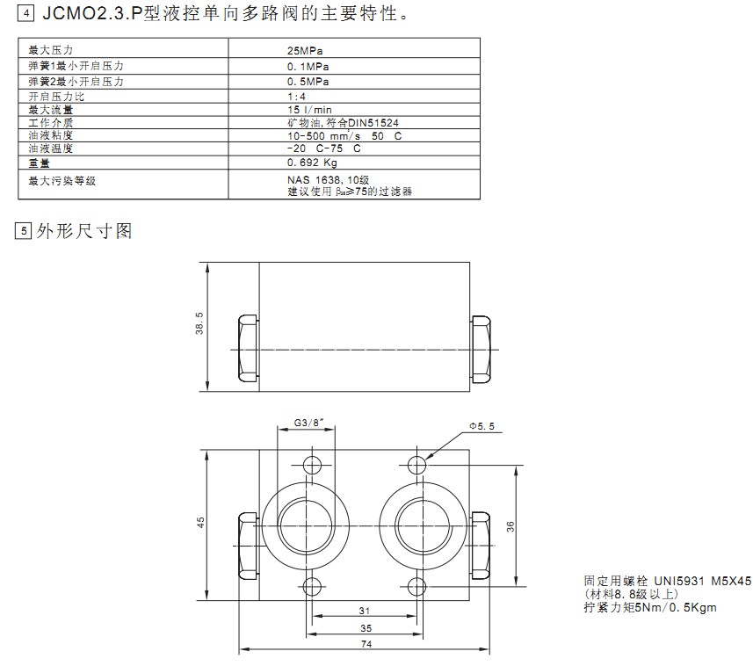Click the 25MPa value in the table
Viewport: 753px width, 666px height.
(306, 52)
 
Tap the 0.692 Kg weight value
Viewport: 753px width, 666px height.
(313, 163)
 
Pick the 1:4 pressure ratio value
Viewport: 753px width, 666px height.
(297, 96)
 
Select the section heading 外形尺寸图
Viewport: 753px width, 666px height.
(83, 232)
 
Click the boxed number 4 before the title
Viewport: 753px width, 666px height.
(25, 15)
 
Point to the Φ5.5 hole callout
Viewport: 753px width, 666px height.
(483, 425)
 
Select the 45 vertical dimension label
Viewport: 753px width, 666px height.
(200, 521)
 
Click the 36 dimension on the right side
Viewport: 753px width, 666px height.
(510, 525)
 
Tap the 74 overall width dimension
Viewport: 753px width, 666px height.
(363, 644)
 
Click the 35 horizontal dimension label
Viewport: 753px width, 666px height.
(363, 627)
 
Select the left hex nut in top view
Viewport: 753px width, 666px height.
(247, 349)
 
